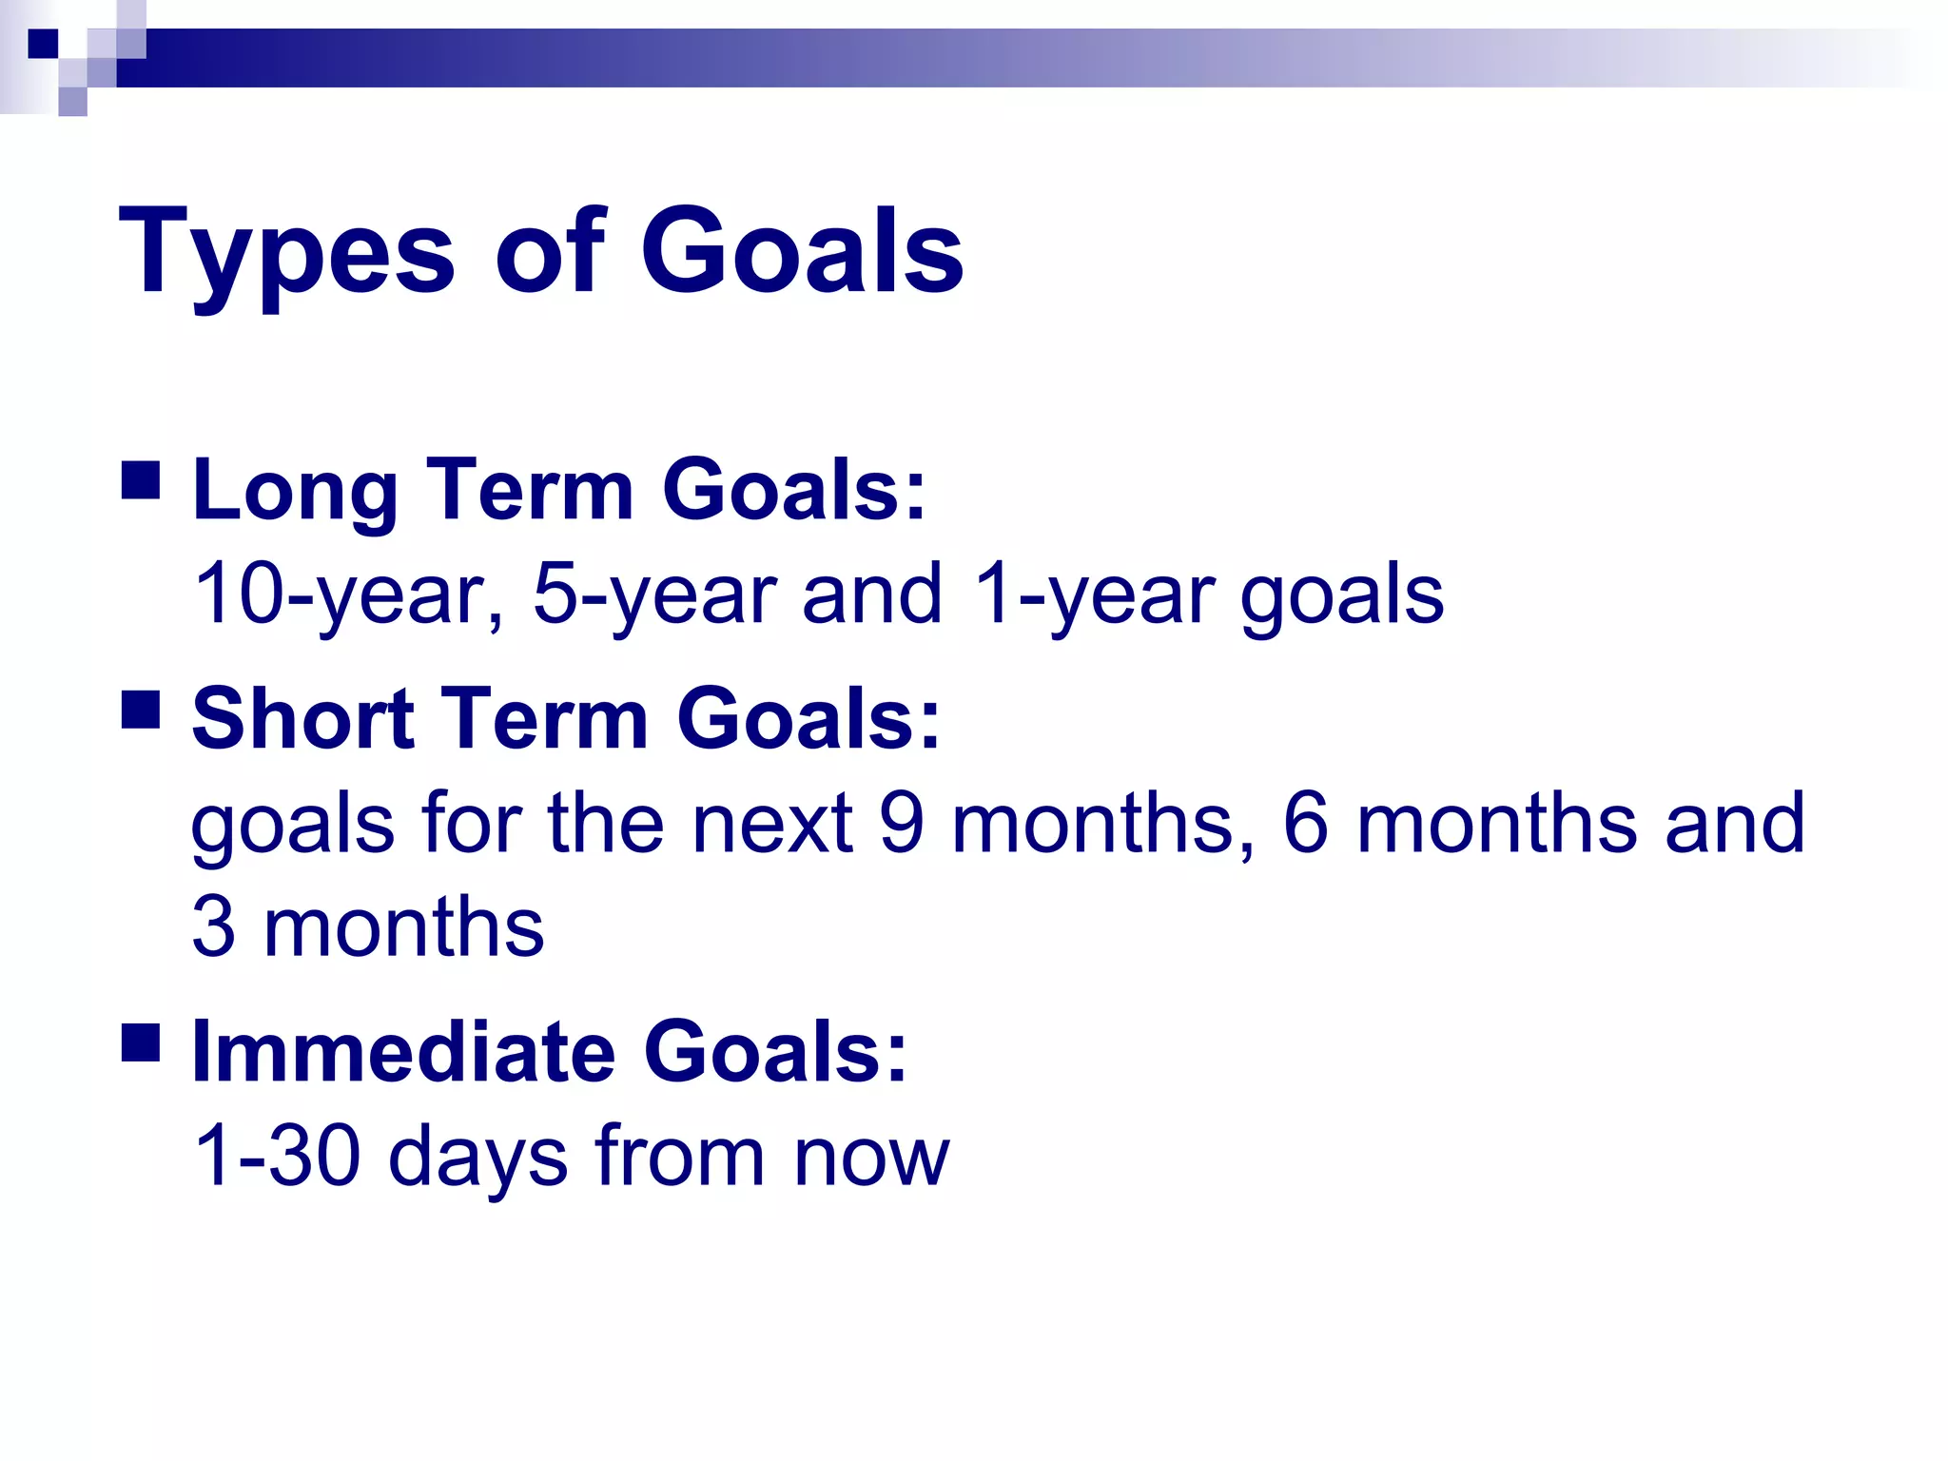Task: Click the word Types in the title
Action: pos(286,253)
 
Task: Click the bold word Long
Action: pos(294,491)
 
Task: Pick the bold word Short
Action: pos(302,719)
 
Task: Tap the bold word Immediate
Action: pos(403,1052)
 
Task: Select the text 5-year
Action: pos(656,594)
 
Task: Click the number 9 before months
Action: pos(902,823)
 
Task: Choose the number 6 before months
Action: pos(1305,823)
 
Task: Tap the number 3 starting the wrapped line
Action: pos(214,927)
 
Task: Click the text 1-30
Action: pos(276,1157)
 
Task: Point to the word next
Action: pos(770,824)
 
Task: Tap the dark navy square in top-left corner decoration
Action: pos(43,44)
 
